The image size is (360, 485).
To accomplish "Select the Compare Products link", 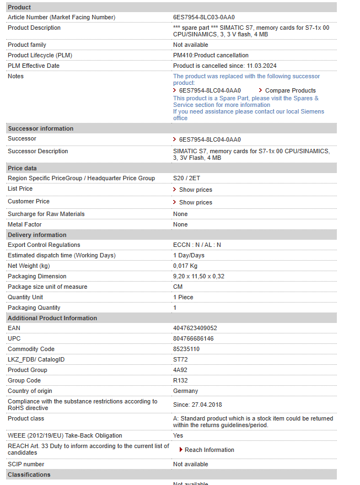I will (x=290, y=90).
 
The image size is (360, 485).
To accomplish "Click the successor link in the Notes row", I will (x=209, y=90).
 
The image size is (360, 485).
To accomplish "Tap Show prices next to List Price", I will (x=195, y=190).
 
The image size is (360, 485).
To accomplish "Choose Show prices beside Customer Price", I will (x=195, y=202).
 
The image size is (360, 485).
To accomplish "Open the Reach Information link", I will (x=209, y=450).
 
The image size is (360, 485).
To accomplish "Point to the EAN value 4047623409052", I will (x=195, y=328).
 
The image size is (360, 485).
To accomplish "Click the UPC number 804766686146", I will (x=194, y=339).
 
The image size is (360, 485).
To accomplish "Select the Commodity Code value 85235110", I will (x=186, y=349).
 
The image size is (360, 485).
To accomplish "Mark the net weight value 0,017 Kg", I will (x=185, y=266).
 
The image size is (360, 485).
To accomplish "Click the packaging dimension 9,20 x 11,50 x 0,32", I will (x=199, y=277).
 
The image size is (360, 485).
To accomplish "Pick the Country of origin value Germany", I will (x=186, y=391).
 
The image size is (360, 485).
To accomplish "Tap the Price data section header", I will (x=23, y=168).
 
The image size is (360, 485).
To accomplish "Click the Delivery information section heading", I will (x=37, y=235).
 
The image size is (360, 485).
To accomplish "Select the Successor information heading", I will (x=41, y=128).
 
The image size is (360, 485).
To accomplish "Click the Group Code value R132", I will (x=180, y=381).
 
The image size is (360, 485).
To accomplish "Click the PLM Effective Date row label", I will (x=34, y=66).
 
